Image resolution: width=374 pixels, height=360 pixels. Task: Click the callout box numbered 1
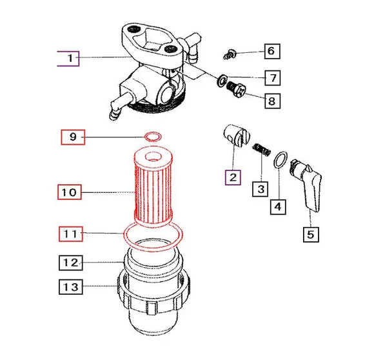pos(68,59)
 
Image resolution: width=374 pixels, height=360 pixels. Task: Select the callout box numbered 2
pos(231,176)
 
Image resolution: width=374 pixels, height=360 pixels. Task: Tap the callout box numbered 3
pos(260,189)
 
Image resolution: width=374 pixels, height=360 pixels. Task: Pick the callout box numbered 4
pos(277,206)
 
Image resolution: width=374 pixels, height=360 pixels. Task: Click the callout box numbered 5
pos(310,234)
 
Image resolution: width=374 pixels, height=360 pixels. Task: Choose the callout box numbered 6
pos(271,51)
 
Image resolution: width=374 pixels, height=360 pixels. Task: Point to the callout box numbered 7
pos(273,78)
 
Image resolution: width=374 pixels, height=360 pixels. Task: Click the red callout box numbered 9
pos(73,137)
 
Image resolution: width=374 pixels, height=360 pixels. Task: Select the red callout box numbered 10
pos(72,192)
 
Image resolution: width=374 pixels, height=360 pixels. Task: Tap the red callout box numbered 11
pos(72,234)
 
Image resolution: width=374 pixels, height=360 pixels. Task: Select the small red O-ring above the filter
pos(153,137)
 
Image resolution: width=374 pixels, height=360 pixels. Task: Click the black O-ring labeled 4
pos(280,159)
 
